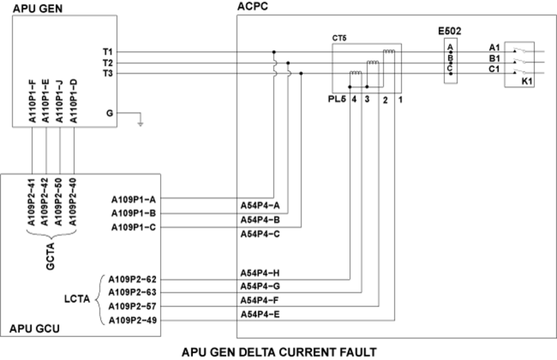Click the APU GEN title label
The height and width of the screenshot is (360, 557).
[31, 6]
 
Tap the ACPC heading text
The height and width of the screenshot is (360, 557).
[253, 6]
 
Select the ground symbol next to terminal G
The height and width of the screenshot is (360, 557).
[141, 123]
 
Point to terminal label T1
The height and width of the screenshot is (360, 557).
[108, 52]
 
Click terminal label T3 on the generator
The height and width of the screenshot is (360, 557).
[108, 73]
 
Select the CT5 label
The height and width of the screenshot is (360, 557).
[340, 39]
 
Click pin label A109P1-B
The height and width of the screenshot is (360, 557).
[134, 212]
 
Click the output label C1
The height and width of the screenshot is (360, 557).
[495, 70]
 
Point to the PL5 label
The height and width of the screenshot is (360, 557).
[338, 100]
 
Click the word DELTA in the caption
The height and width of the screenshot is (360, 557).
[278, 350]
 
